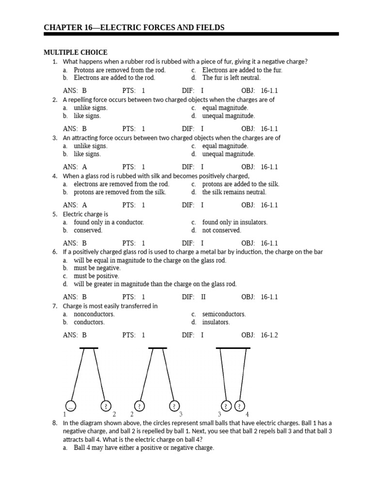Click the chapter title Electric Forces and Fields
pos(134,28)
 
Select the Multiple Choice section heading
pos(76,52)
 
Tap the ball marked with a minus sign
pos(70,406)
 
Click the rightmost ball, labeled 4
pos(240,406)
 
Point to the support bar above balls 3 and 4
pos(233,348)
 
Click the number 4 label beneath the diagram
pos(247,414)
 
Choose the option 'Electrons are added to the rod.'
pos(114,78)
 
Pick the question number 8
pos(55,423)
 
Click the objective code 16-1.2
pos(269,335)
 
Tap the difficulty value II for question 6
pos(203,297)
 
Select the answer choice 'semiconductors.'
pos(224,314)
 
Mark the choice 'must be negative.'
pos(97,268)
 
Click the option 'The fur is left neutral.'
pos(231,78)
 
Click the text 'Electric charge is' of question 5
pos(85,214)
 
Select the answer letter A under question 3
pos(84,167)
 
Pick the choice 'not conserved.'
pos(221,231)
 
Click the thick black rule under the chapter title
pos(191,34)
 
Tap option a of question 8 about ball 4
pos(143,447)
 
